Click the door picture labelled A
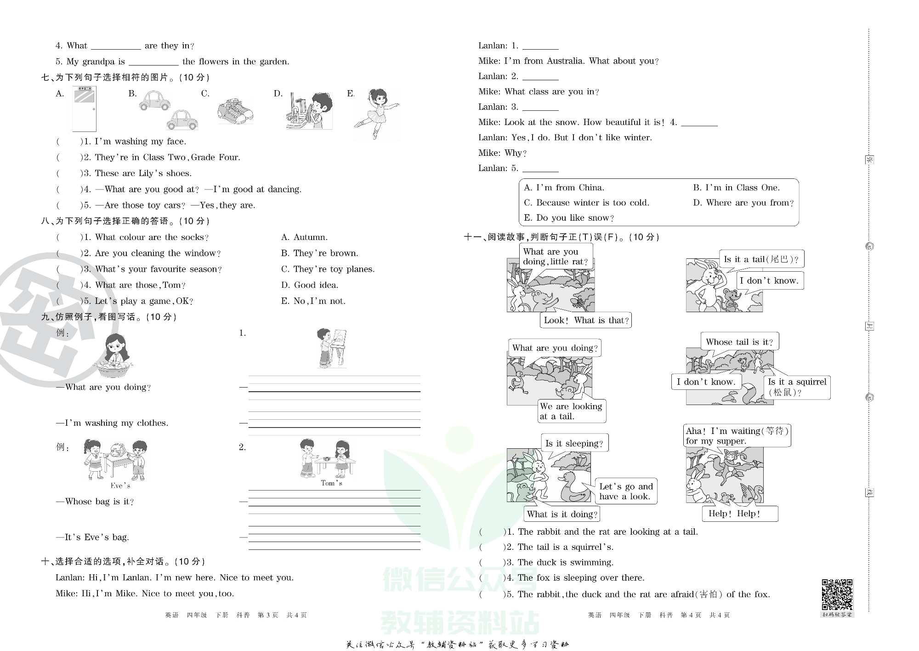(84, 109)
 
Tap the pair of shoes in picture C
(235, 111)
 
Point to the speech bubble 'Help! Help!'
(739, 514)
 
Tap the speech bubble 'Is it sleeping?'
(574, 443)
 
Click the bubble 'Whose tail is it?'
(739, 342)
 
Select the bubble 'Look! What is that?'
(586, 320)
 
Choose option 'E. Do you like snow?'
(569, 217)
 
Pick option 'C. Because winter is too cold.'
(586, 202)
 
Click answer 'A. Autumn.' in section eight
(304, 237)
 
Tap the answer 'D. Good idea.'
(310, 285)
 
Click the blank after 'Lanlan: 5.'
(540, 168)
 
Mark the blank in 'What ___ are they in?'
(116, 46)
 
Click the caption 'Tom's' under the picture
(331, 483)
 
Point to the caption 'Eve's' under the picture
(120, 485)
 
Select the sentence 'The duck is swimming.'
(565, 562)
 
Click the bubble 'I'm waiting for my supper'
(737, 435)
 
